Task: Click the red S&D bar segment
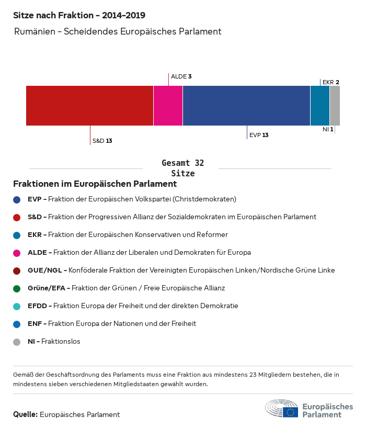89,106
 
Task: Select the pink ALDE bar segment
168,106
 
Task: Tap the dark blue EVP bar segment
246,106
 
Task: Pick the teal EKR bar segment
320,106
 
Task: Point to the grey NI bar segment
335,106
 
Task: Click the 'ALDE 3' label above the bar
181,76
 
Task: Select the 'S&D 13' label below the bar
102,141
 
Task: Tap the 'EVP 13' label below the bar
259,135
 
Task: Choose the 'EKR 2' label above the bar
331,82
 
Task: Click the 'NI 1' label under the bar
328,129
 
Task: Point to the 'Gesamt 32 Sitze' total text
183,168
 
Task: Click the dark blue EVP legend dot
17,199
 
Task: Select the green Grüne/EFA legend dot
17,288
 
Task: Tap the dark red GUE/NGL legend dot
17,271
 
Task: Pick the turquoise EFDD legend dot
17,306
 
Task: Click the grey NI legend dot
17,342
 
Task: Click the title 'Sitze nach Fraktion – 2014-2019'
79,16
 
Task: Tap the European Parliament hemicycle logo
282,408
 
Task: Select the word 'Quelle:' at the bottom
25,414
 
